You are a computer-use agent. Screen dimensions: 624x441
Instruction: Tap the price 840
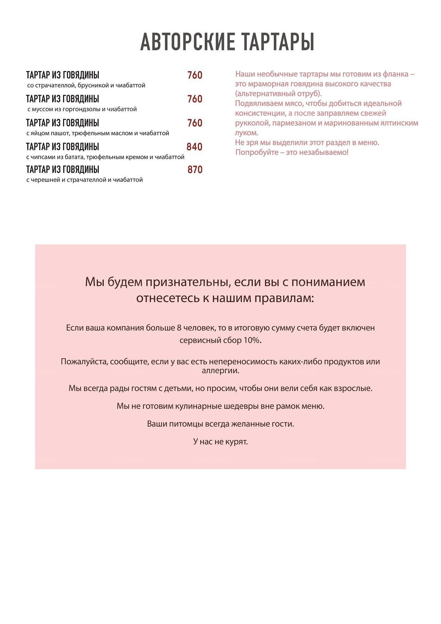click(194, 147)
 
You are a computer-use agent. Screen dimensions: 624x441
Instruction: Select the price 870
click(195, 170)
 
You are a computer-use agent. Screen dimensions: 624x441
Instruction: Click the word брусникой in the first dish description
click(93, 85)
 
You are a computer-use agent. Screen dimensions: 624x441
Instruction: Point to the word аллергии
click(220, 371)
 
